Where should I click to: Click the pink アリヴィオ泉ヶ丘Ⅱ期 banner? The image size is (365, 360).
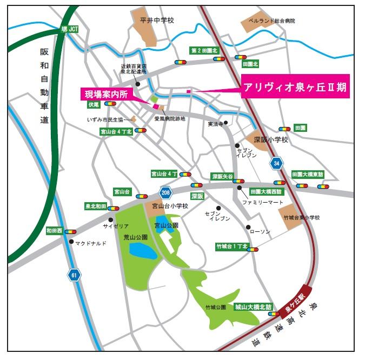[x=295, y=86]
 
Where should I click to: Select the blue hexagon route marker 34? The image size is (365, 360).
[x=277, y=162]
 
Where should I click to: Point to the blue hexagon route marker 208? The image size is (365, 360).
[x=165, y=191]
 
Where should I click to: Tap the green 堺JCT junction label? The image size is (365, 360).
[x=69, y=29]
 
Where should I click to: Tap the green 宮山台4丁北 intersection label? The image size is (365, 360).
[x=116, y=131]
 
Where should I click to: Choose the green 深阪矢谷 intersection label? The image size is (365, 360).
[x=222, y=176]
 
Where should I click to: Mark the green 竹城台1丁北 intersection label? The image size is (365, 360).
[x=231, y=246]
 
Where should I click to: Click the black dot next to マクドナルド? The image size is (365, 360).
[x=71, y=242]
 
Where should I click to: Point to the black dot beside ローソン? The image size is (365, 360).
[x=248, y=226]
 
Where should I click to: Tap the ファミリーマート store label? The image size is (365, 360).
[x=263, y=202]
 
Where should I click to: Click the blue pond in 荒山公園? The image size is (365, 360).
[x=141, y=250]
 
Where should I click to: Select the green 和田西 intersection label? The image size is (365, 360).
[x=55, y=230]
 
